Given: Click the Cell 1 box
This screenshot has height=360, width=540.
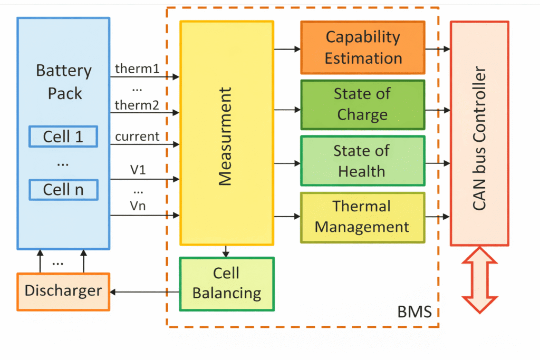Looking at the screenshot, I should tap(63, 137).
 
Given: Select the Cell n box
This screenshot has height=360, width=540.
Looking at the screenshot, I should tap(63, 189).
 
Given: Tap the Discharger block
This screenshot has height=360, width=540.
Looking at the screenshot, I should tap(63, 291).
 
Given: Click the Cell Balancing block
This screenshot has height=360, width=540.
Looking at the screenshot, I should tap(227, 284).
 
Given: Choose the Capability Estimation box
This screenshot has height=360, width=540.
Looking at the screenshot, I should tap(363, 47).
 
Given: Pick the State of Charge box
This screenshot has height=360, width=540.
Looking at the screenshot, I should tap(363, 104).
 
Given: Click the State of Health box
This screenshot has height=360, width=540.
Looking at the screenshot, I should tap(363, 161).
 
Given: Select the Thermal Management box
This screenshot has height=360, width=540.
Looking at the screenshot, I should tap(363, 217).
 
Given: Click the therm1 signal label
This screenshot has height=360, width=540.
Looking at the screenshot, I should tap(137, 69).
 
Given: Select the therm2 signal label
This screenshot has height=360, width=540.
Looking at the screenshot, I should tap(137, 105).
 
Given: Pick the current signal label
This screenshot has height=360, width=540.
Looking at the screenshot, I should tap(137, 137).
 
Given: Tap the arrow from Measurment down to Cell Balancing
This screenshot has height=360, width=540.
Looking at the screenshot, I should tap(226, 251).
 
